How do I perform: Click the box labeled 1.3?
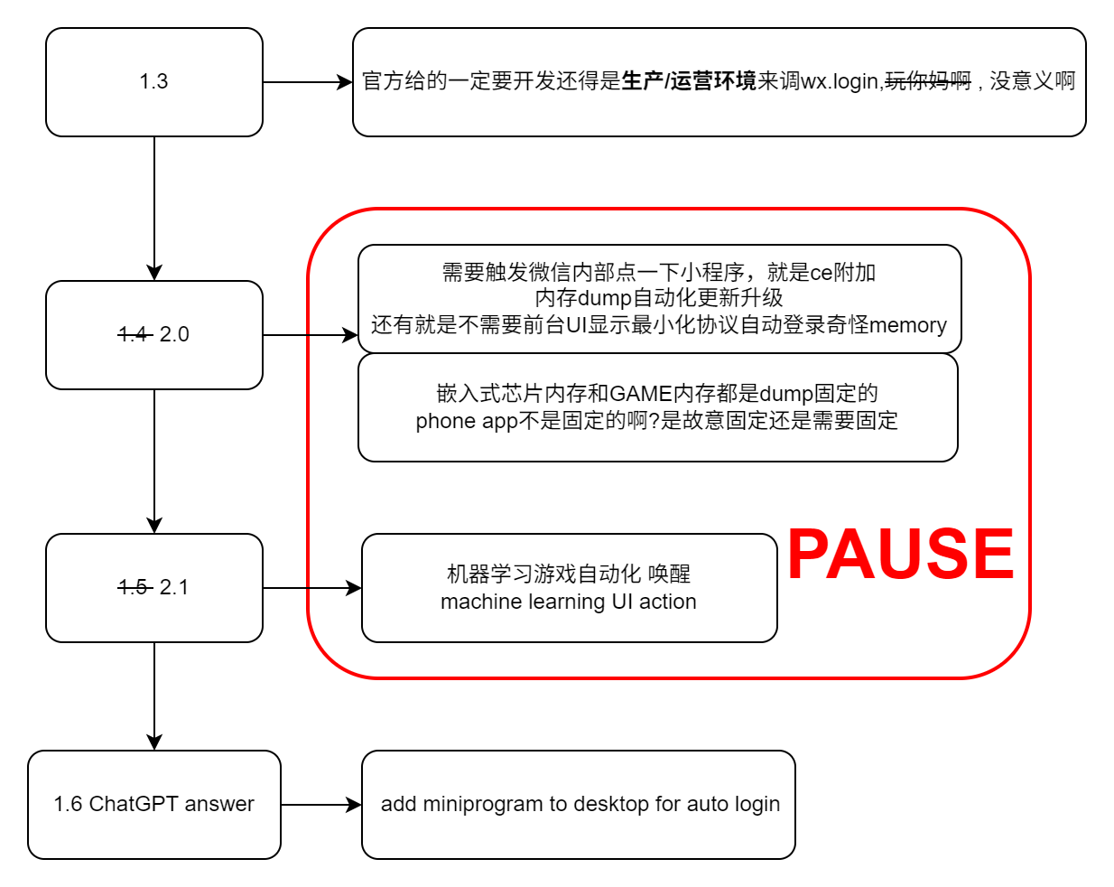pyautogui.click(x=154, y=82)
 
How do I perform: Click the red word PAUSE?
pyautogui.click(x=900, y=555)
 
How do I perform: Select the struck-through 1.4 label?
pyautogui.click(x=134, y=335)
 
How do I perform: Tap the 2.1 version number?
pyautogui.click(x=174, y=588)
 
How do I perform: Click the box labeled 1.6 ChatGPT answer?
pyautogui.click(x=154, y=804)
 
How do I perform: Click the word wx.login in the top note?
pyautogui.click(x=840, y=82)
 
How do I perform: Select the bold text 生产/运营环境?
pyautogui.click(x=689, y=81)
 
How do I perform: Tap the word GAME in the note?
pyautogui.click(x=641, y=394)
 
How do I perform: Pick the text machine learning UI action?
pyautogui.click(x=568, y=602)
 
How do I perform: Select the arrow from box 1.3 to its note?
pyautogui.click(x=307, y=82)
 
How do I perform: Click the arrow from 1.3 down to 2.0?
pyautogui.click(x=154, y=208)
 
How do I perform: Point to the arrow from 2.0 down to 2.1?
pyautogui.click(x=154, y=461)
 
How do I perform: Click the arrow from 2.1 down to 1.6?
pyautogui.click(x=154, y=696)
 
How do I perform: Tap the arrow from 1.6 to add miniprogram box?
pyautogui.click(x=320, y=804)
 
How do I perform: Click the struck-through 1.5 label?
pyautogui.click(x=134, y=588)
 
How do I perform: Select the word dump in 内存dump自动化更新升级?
pyautogui.click(x=602, y=298)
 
